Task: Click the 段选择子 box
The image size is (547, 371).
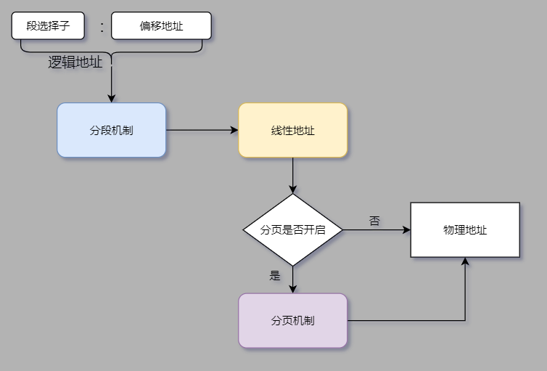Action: (x=48, y=26)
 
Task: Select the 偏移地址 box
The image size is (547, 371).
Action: (x=161, y=26)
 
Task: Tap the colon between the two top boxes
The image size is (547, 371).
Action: (x=102, y=27)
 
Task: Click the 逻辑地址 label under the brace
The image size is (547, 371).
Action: (x=75, y=62)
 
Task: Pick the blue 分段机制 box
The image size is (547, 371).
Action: (x=112, y=131)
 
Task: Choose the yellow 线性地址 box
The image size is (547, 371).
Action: (x=293, y=131)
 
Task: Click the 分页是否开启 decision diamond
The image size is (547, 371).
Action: (x=293, y=229)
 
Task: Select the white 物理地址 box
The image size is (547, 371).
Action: (x=465, y=229)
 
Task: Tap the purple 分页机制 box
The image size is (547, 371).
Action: (x=293, y=320)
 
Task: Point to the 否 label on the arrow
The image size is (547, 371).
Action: (x=374, y=221)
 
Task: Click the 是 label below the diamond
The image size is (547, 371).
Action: (x=275, y=275)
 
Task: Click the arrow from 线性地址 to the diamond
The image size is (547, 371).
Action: (x=293, y=174)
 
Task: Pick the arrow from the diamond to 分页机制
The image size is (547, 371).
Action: (x=293, y=279)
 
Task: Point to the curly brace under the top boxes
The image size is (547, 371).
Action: (x=112, y=49)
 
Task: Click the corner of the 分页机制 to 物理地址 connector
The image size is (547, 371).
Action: (x=465, y=320)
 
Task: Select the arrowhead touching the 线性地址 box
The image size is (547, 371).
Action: (x=234, y=131)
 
